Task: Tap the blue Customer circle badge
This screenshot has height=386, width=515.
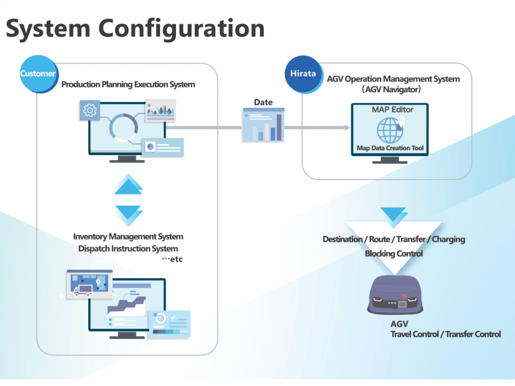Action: (x=38, y=73)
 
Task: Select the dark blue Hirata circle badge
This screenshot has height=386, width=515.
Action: (x=303, y=73)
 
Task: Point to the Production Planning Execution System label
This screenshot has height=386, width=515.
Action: (x=128, y=85)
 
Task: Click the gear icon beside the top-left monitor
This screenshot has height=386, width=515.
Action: (x=90, y=110)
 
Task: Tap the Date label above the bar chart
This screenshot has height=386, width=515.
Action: (x=263, y=102)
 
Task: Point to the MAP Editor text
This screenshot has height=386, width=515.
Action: (x=392, y=110)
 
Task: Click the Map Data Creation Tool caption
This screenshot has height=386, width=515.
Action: (x=390, y=148)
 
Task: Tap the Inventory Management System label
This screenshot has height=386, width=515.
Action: (x=128, y=237)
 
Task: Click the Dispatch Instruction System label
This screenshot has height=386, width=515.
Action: (x=128, y=249)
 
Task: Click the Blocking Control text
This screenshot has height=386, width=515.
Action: (x=394, y=254)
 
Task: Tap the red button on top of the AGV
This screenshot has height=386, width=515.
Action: (x=404, y=296)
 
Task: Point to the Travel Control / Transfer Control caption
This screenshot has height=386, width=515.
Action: (x=445, y=334)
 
